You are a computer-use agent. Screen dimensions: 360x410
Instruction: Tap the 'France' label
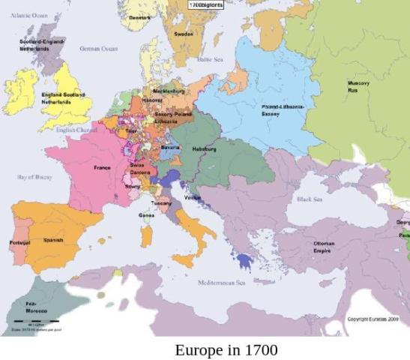pyautogui.click(x=102, y=168)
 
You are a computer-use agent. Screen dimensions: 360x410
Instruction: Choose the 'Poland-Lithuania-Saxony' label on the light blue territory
pyautogui.click(x=283, y=110)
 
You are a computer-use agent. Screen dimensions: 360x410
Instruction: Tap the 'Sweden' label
pyautogui.click(x=184, y=34)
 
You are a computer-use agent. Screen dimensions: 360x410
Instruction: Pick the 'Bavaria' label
pyautogui.click(x=170, y=148)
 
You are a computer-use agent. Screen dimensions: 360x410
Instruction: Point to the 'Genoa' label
pyautogui.click(x=147, y=215)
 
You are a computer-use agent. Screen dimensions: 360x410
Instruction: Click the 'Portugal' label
pyautogui.click(x=19, y=243)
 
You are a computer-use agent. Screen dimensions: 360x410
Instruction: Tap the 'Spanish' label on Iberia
pyautogui.click(x=52, y=240)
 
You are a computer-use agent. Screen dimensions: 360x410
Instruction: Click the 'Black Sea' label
pyautogui.click(x=308, y=199)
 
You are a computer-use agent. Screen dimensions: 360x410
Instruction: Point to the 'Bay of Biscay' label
pyautogui.click(x=34, y=178)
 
